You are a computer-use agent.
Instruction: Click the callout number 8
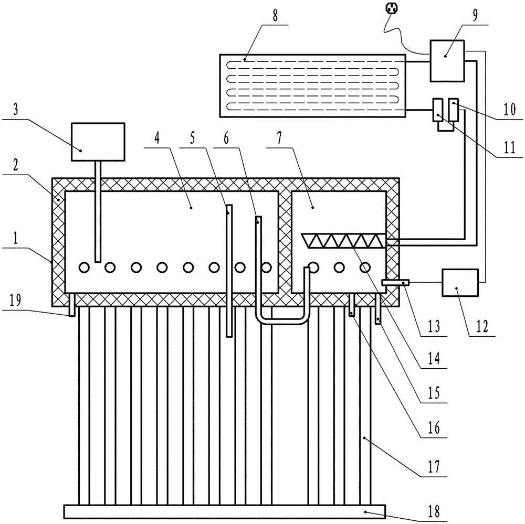tap(275, 16)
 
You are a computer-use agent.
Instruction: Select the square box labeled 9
tap(447, 61)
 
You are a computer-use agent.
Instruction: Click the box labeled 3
tap(98, 142)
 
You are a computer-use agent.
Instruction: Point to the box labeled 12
tap(460, 282)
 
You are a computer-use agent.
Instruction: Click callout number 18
tap(434, 511)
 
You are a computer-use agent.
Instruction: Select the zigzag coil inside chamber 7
tap(344, 241)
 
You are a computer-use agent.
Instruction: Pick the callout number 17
tap(434, 466)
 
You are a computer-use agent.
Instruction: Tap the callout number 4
tap(157, 138)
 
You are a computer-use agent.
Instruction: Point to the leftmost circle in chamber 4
tap(83, 268)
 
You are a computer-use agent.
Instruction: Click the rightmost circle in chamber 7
tap(365, 268)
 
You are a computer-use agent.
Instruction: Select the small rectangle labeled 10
tap(454, 110)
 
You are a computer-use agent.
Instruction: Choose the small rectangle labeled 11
tap(438, 110)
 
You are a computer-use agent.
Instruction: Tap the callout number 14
tap(434, 359)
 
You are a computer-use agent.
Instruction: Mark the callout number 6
tap(226, 138)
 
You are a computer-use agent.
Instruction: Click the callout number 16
tap(434, 428)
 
